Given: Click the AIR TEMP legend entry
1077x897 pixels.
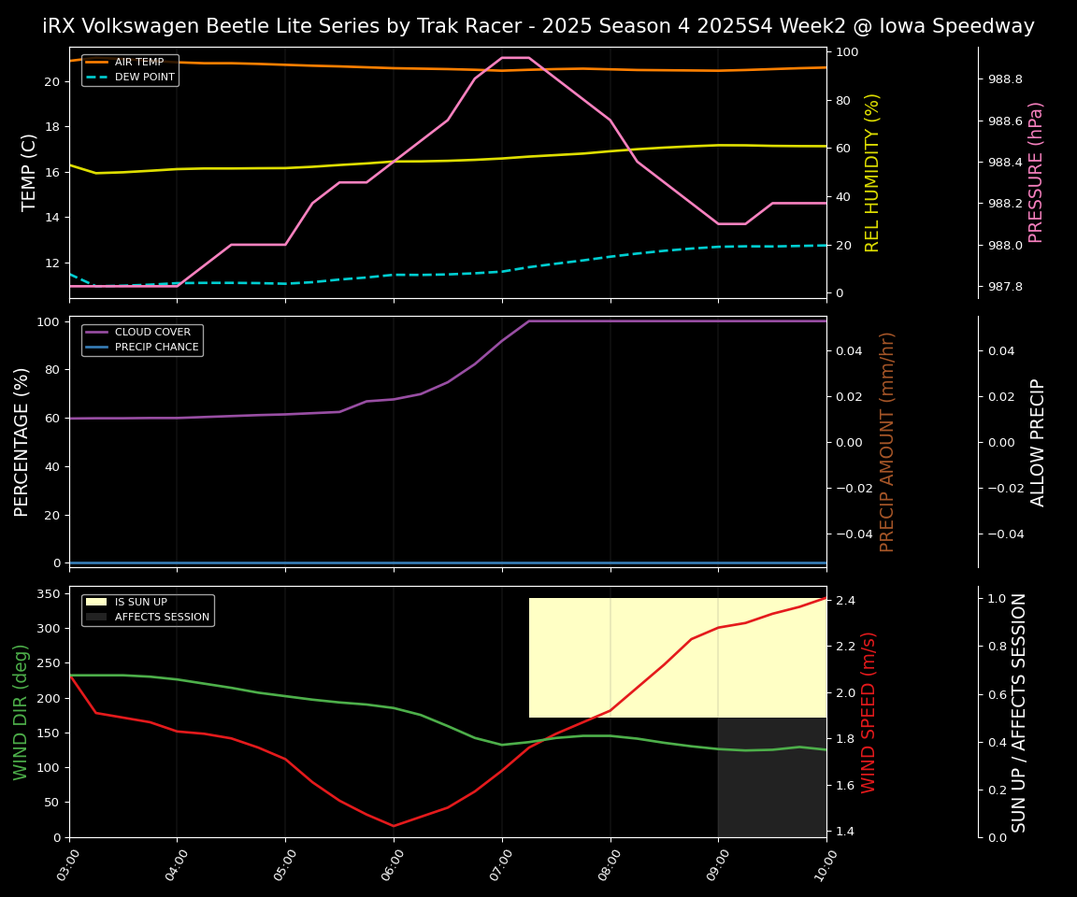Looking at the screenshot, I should click(138, 63).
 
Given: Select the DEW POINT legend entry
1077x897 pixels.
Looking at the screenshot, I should click(144, 78).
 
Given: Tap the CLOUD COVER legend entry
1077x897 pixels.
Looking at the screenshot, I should click(152, 333).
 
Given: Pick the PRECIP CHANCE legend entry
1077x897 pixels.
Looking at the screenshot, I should click(156, 348).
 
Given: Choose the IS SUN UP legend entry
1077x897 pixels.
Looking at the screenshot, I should click(140, 603).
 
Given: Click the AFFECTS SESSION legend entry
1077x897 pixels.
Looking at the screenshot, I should click(162, 618).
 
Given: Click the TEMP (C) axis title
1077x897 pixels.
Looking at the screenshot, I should click(30, 172).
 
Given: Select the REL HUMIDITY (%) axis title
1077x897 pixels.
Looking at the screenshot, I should click(873, 172).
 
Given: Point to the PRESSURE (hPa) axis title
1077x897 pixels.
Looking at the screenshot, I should click(1036, 172).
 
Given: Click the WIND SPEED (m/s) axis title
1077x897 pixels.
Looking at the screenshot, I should click(869, 712).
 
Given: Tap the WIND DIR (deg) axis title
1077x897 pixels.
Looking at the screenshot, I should click(21, 712).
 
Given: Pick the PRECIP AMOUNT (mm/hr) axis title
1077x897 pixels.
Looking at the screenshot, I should click(887, 441).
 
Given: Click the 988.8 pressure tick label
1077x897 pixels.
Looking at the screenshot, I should click(1005, 79).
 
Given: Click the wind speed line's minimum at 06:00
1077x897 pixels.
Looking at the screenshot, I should click(394, 825).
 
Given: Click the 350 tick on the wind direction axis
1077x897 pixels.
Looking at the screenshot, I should click(50, 593).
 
